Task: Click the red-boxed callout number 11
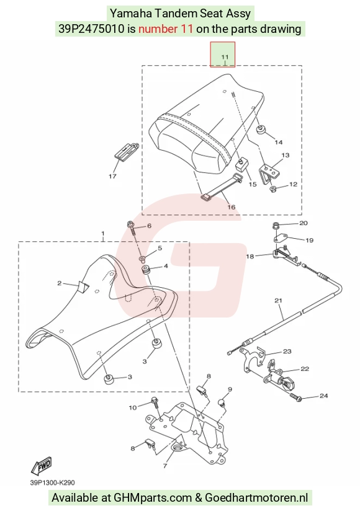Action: (x=225, y=57)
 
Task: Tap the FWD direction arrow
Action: (x=41, y=466)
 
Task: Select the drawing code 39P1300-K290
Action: (x=53, y=482)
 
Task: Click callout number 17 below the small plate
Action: (x=112, y=176)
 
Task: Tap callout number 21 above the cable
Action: (x=278, y=301)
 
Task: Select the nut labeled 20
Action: (x=276, y=225)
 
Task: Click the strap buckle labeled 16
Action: (x=205, y=197)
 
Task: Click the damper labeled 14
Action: (x=260, y=130)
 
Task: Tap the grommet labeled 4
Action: (x=146, y=270)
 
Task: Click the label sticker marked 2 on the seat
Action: (x=83, y=286)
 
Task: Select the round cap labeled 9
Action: (x=222, y=403)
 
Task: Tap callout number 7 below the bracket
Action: (x=165, y=466)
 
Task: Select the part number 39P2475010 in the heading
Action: (x=92, y=29)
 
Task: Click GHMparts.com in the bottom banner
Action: (x=153, y=497)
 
